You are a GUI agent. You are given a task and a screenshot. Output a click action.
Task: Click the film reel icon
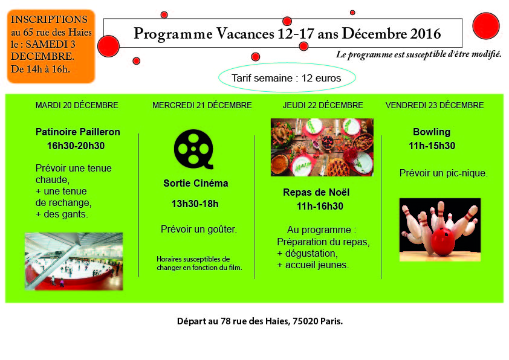pyautogui.click(x=194, y=149)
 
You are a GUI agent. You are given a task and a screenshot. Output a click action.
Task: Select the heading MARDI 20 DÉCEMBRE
pyautogui.click(x=77, y=106)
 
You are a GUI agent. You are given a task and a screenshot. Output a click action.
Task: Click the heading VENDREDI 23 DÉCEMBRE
pyautogui.click(x=435, y=106)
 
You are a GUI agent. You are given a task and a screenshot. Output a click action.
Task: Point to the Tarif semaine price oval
pyautogui.click(x=287, y=77)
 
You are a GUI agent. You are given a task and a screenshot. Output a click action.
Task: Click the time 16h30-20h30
pyautogui.click(x=76, y=146)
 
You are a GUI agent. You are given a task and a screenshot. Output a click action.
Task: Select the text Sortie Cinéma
pyautogui.click(x=196, y=183)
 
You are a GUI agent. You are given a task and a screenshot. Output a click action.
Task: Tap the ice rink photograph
pyautogui.click(x=74, y=261)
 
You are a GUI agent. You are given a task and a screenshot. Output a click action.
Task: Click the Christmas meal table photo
pyautogui.click(x=322, y=147)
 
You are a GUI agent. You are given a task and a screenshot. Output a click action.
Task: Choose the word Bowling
pyautogui.click(x=432, y=132)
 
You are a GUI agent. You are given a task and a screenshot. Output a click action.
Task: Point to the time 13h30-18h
pyautogui.click(x=195, y=204)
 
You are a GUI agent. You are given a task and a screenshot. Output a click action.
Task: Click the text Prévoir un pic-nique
pyautogui.click(x=444, y=173)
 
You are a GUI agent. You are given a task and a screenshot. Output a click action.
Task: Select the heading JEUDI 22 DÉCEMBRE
pyautogui.click(x=323, y=106)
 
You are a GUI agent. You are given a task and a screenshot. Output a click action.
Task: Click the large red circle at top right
pyautogui.click(x=486, y=26)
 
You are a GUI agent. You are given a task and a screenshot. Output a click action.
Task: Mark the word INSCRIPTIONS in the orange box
pyautogui.click(x=49, y=19)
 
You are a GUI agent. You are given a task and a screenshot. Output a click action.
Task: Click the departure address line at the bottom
pyautogui.click(x=260, y=321)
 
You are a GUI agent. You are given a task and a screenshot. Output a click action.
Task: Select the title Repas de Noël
pyautogui.click(x=316, y=192)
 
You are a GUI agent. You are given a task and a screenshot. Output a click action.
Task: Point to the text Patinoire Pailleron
pyautogui.click(x=78, y=132)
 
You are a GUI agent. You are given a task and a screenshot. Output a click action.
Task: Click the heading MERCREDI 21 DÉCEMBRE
pyautogui.click(x=203, y=106)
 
